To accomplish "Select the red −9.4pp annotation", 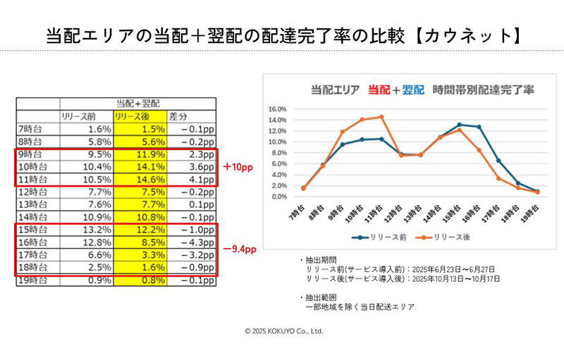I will (x=239, y=249).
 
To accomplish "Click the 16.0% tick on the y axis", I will (x=279, y=110).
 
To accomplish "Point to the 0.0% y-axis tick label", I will (x=281, y=197).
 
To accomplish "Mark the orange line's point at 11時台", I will (x=381, y=117).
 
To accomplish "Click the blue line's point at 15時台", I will (x=459, y=125).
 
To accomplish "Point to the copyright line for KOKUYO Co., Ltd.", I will (x=283, y=330).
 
